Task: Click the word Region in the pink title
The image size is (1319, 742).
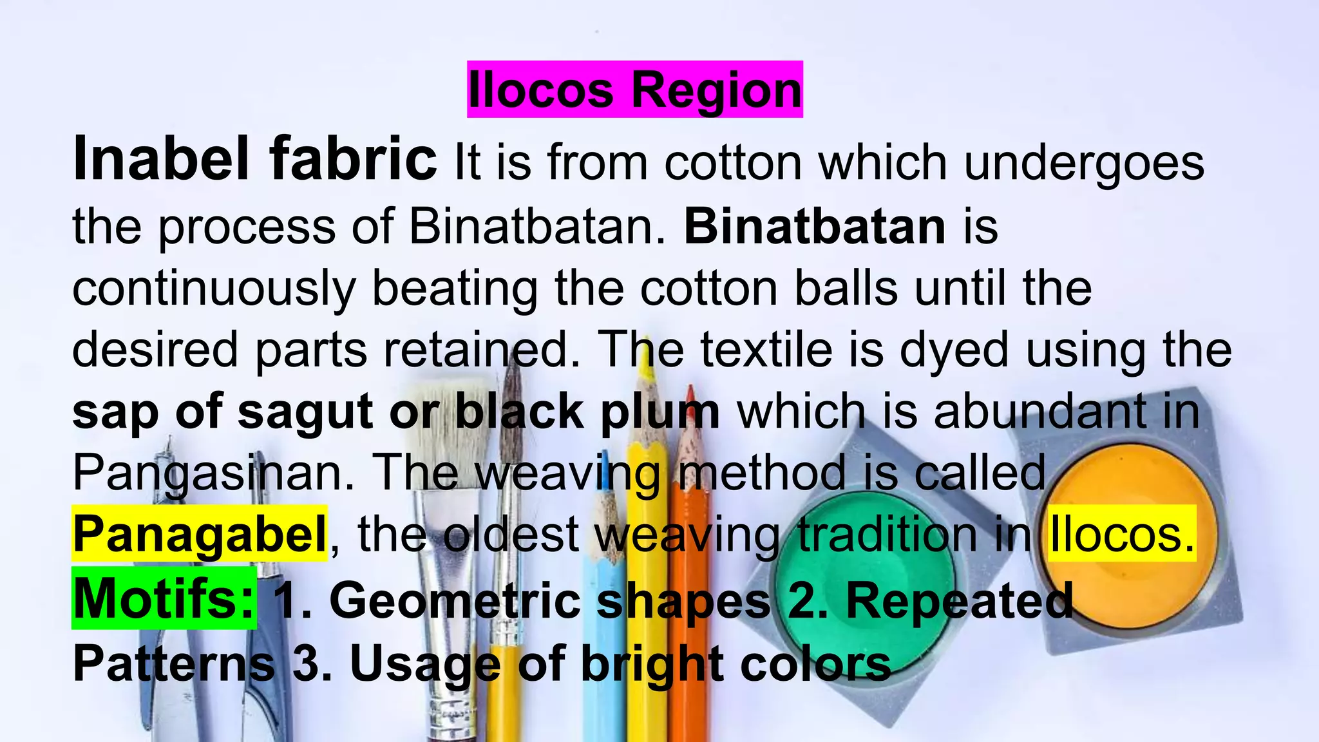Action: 716,90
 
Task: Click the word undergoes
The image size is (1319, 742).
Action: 1084,163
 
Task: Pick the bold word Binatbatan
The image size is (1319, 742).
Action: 815,227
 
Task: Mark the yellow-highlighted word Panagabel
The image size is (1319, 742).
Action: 200,534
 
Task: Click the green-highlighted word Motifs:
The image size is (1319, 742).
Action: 164,598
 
